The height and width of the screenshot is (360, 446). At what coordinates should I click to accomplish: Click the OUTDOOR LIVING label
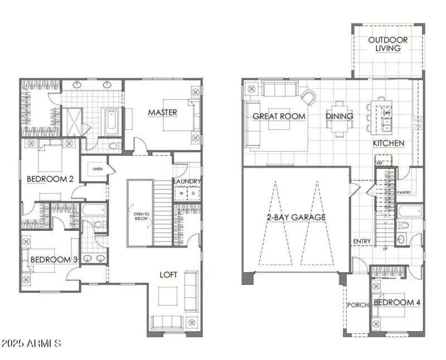click(387, 44)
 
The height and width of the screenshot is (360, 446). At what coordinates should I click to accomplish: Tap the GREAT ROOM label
click(279, 116)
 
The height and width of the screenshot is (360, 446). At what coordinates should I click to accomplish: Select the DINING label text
click(340, 116)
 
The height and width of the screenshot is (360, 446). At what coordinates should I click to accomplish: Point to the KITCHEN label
click(389, 143)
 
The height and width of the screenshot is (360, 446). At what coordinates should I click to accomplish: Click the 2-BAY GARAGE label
click(296, 217)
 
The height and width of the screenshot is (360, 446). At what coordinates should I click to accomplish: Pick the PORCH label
click(357, 305)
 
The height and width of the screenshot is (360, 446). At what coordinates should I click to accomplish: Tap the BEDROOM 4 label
click(397, 303)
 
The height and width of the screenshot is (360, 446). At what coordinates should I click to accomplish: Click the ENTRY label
click(362, 241)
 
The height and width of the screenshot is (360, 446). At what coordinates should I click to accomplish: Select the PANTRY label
click(404, 193)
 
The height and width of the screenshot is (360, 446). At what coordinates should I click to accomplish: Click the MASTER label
click(162, 113)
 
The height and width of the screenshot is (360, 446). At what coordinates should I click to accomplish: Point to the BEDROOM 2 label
click(51, 179)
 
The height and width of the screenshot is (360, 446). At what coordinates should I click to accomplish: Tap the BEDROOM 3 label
click(54, 259)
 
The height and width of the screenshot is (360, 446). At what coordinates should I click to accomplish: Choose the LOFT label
click(169, 275)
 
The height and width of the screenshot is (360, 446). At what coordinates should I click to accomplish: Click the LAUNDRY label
click(187, 182)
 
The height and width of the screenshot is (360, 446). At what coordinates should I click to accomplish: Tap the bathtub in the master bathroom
click(110, 121)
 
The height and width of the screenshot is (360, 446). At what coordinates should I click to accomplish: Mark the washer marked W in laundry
click(181, 193)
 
